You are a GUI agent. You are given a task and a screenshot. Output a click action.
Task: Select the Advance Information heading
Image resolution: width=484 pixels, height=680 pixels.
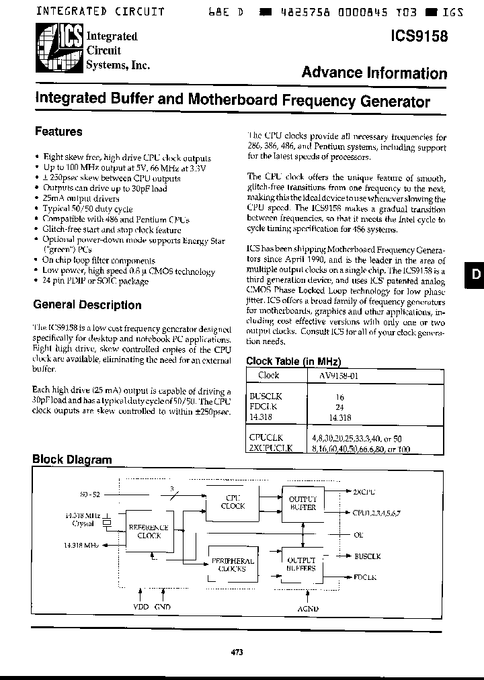[x=374, y=73]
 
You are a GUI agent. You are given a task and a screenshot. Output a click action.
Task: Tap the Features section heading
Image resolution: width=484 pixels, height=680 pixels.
[x=58, y=132]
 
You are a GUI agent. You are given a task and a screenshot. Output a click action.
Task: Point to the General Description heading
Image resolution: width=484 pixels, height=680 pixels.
[x=87, y=305]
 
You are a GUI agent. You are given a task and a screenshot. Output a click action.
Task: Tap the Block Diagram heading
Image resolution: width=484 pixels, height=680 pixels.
[x=72, y=460]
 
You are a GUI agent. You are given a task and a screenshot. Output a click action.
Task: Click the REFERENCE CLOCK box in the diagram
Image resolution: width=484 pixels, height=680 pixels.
[x=149, y=532]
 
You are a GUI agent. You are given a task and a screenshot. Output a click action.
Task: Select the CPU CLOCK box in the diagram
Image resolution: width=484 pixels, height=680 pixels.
[x=233, y=502]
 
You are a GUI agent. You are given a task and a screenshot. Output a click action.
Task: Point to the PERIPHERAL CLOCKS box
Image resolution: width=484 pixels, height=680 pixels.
[x=233, y=564]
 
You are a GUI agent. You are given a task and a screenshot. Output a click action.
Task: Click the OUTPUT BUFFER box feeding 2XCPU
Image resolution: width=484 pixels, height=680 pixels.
[x=302, y=503]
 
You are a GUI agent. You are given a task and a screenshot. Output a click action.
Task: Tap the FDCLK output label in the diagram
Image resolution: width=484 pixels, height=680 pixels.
[x=366, y=577]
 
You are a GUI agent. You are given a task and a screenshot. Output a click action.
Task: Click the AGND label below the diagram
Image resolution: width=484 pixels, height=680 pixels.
[x=307, y=609]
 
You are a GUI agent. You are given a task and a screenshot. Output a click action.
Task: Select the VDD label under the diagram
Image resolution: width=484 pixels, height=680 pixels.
[x=140, y=607]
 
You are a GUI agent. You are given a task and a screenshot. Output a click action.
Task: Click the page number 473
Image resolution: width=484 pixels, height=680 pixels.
[x=236, y=652]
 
